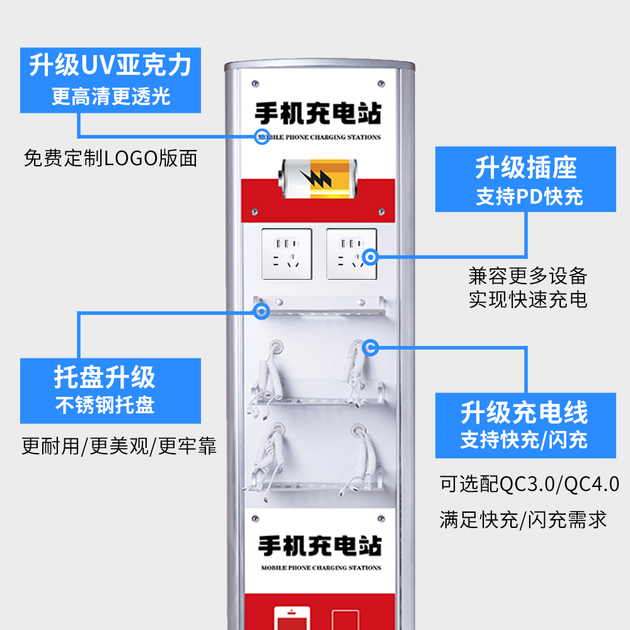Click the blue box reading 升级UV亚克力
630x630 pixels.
(110, 80)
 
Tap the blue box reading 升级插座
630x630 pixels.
(526, 180)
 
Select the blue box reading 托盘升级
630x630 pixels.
(110, 391)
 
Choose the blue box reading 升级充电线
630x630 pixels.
(525, 425)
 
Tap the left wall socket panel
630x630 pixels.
(287, 254)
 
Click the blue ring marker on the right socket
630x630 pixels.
(370, 256)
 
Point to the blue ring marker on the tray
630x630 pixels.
(262, 310)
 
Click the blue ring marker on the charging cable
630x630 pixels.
(370, 346)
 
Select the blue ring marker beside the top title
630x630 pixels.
(262, 137)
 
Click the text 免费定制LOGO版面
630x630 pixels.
(110, 158)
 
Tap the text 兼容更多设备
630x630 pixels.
(528, 276)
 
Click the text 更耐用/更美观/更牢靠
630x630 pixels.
(119, 447)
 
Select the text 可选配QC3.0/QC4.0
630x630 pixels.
(529, 484)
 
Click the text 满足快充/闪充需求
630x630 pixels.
(523, 520)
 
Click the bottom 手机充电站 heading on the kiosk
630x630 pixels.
(320, 546)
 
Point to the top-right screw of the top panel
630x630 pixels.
(381, 82)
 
